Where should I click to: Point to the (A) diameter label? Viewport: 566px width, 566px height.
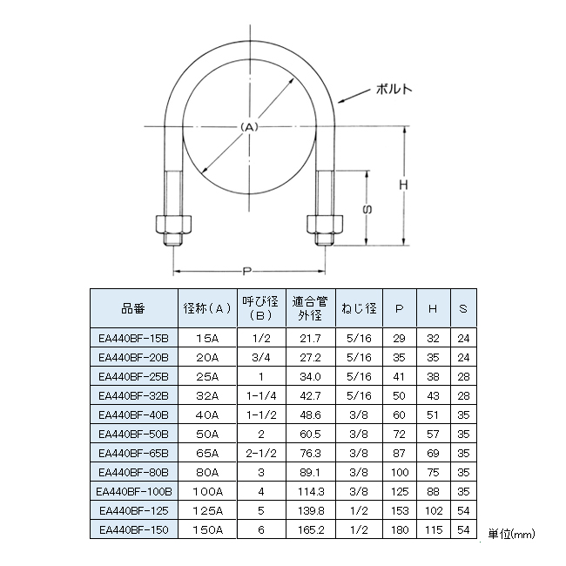coord(249,127)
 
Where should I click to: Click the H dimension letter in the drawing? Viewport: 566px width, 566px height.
coord(403,185)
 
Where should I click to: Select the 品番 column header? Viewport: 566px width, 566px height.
coord(133,307)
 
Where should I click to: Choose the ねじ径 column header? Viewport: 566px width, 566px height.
coord(357,307)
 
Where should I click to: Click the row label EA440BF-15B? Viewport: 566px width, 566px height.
coord(133,337)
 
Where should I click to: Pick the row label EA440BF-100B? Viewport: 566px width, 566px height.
coord(133,491)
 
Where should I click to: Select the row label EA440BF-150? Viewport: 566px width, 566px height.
coord(133,529)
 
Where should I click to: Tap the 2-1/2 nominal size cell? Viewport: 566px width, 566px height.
coord(261,453)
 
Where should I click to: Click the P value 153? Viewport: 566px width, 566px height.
coord(400,510)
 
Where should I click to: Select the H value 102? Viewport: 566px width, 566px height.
coord(433,510)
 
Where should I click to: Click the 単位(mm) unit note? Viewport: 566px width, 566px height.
coord(510,533)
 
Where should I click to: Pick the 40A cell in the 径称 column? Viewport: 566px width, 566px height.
coord(208,414)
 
